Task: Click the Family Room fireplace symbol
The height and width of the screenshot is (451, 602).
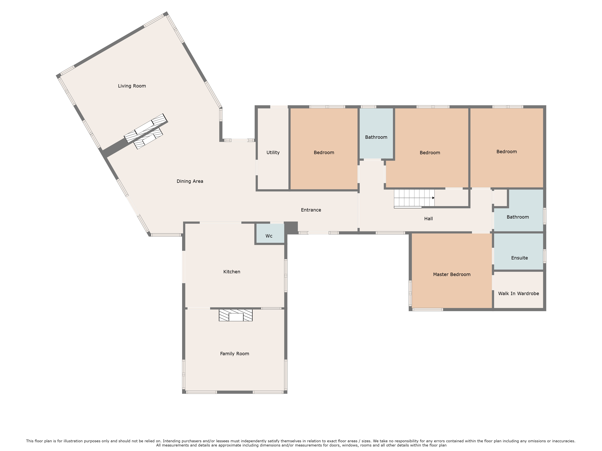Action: pos(236,315)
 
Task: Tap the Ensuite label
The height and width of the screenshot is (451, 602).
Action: pos(519,258)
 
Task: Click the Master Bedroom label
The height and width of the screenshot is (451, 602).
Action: pos(451,274)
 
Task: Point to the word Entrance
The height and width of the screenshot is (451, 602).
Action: pos(311,210)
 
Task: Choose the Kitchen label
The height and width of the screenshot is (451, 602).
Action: pos(232,272)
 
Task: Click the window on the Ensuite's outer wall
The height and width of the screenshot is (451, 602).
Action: pos(545,256)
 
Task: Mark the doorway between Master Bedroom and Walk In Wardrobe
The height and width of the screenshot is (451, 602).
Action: pos(493,282)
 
